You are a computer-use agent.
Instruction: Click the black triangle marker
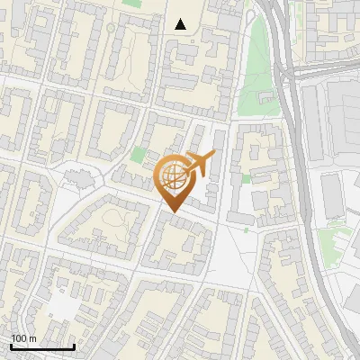pos(181,24)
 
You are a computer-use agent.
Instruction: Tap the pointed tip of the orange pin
pos(172,211)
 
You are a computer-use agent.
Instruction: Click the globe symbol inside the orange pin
pos(173,177)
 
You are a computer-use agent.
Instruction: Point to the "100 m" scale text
pos(23,338)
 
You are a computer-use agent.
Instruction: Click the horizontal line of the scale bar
pos(42,346)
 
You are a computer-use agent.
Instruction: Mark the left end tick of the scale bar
pos(11,345)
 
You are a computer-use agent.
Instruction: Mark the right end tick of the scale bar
pos(75,345)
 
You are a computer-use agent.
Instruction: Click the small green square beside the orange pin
pos(137,155)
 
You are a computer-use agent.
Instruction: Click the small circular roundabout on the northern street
pos(112,27)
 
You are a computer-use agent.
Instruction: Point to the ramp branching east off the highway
pos(315,67)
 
